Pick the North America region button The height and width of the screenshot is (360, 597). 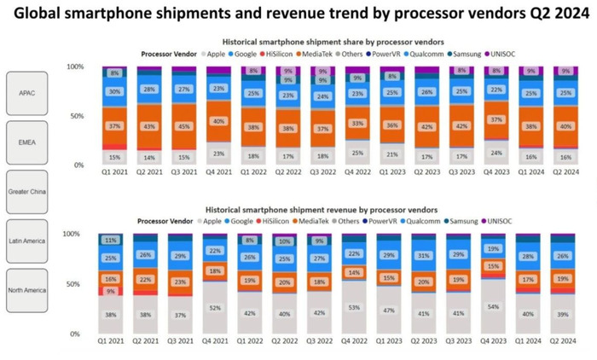[27, 291]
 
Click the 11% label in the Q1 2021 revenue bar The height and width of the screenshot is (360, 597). [111, 241]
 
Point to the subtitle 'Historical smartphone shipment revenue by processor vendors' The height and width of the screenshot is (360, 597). [321, 209]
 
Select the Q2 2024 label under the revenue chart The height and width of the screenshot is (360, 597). [563, 340]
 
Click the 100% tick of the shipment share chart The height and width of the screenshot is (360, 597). [75, 67]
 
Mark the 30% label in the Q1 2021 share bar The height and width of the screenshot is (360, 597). [111, 91]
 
